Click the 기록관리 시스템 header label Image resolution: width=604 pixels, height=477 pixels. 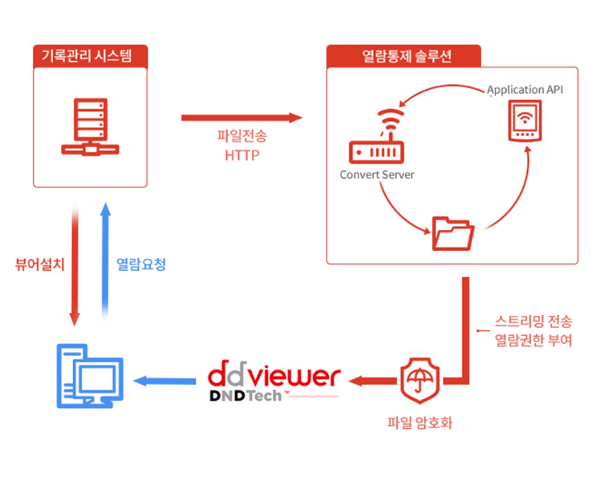tap(90, 56)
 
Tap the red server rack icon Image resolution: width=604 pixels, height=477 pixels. tap(90, 127)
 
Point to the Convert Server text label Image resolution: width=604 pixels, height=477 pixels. tap(377, 175)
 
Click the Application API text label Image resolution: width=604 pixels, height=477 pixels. tap(525, 89)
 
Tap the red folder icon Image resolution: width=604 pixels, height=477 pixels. tap(452, 233)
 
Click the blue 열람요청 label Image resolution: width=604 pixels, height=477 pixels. tap(141, 264)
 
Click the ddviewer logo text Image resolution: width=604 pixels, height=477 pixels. tap(274, 376)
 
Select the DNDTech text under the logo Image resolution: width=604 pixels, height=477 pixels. tap(244, 396)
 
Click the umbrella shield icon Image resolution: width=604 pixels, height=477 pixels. tap(420, 378)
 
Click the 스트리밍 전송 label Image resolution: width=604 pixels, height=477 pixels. tap(533, 322)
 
